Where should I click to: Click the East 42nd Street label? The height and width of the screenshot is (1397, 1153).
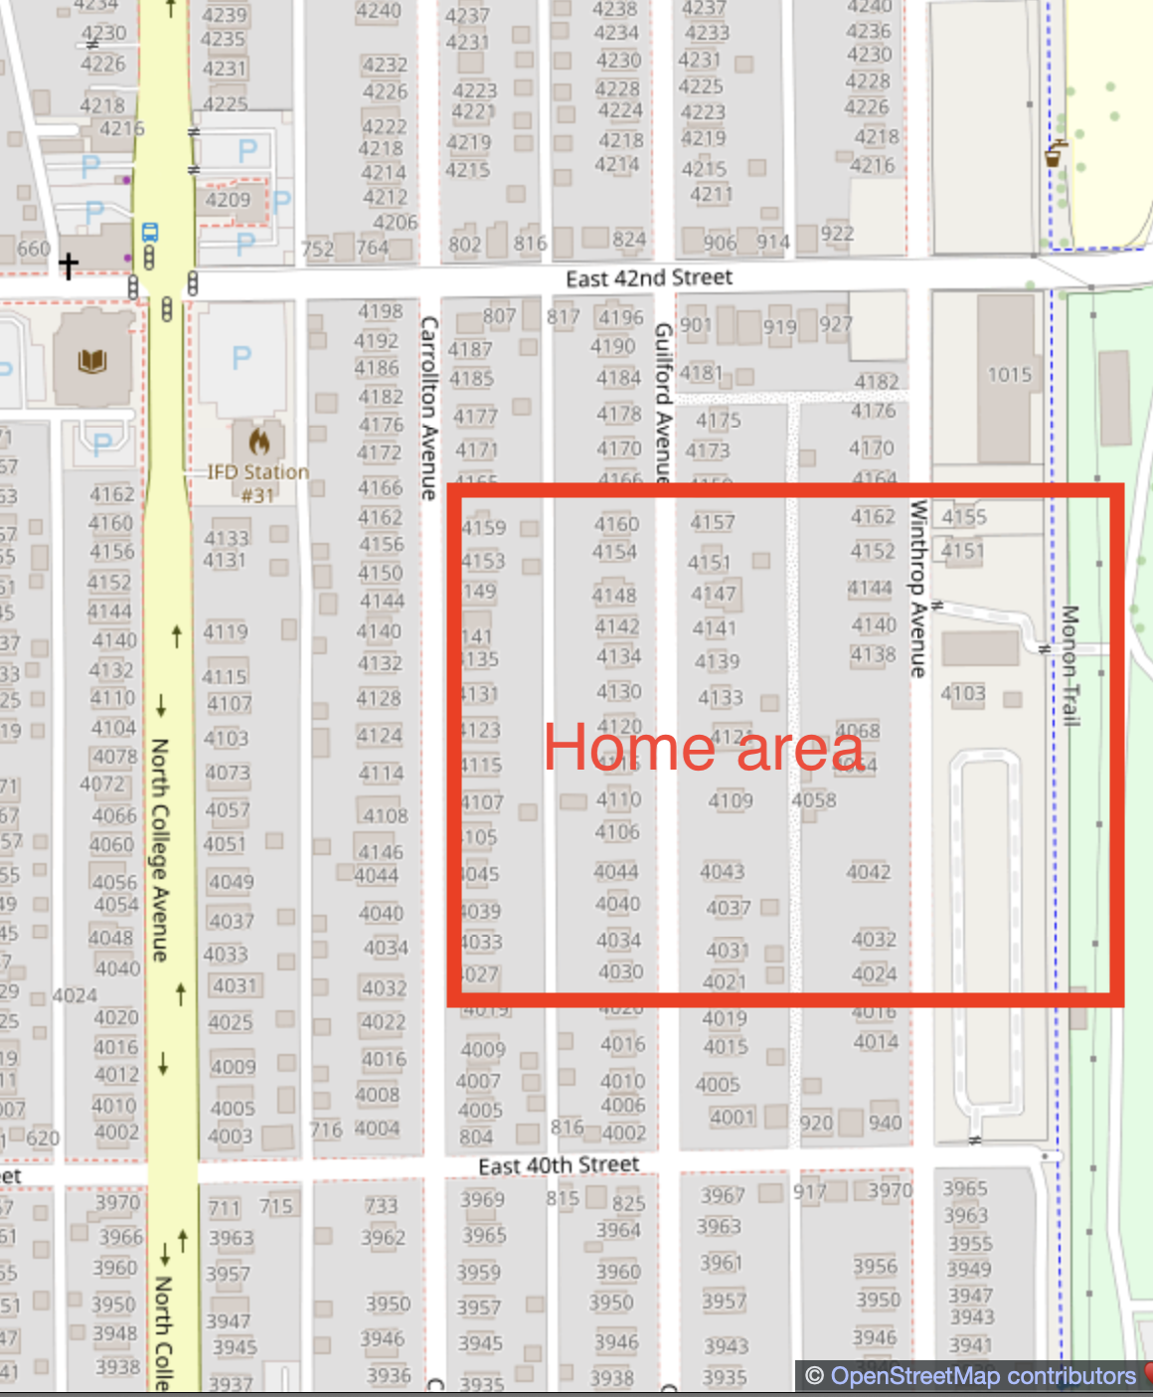coord(648,277)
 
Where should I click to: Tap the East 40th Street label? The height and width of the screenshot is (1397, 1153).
coord(559,1164)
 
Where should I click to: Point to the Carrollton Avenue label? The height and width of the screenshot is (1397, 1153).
coord(429,408)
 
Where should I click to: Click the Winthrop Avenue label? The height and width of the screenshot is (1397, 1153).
coord(917,589)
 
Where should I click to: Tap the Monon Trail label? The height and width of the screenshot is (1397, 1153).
coord(1070,666)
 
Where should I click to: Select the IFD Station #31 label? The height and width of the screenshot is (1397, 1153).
coord(257,482)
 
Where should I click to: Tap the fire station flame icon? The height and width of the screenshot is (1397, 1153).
coord(258,439)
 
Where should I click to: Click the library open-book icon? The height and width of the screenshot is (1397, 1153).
coord(92,359)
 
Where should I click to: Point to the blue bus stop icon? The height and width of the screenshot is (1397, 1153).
coord(150,233)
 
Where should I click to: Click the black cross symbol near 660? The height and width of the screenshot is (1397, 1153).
coord(68,264)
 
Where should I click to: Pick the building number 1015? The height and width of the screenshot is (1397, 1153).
coord(1009,375)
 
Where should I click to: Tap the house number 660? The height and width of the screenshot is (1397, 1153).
coord(33,248)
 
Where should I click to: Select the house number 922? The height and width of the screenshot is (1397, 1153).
coord(837,234)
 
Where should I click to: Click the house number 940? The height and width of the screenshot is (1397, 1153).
coord(885,1123)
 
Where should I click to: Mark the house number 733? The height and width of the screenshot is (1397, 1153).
coord(381,1206)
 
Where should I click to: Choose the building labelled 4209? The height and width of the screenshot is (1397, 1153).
coord(228,200)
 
